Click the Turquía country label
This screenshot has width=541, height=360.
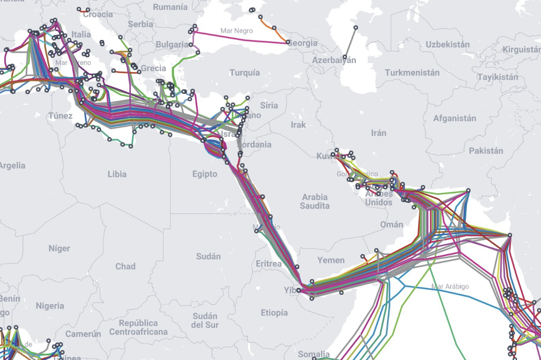click(x=244, y=73)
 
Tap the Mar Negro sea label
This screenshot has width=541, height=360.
click(x=236, y=31)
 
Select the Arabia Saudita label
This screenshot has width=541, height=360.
click(x=314, y=201)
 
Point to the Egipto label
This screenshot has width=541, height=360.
click(x=205, y=174)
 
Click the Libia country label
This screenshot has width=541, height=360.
click(x=117, y=174)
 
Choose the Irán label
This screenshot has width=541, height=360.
click(x=379, y=133)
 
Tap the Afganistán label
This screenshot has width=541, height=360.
click(x=454, y=118)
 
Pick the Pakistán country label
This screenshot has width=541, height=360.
click(x=486, y=150)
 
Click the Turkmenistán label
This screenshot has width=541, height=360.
click(x=412, y=73)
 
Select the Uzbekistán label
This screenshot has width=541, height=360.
click(x=447, y=44)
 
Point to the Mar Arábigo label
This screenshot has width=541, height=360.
click(x=450, y=286)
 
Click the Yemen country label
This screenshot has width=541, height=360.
click(x=331, y=260)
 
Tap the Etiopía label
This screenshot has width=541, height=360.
click(x=274, y=313)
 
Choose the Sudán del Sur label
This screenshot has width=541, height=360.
click(x=205, y=320)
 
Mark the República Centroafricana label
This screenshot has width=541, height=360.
click(x=138, y=327)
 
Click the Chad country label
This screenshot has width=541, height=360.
click(x=125, y=266)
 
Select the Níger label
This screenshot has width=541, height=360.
click(x=59, y=248)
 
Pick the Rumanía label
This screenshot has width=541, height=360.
click(x=170, y=7)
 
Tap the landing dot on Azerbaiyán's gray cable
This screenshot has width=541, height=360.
click(x=345, y=56)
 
